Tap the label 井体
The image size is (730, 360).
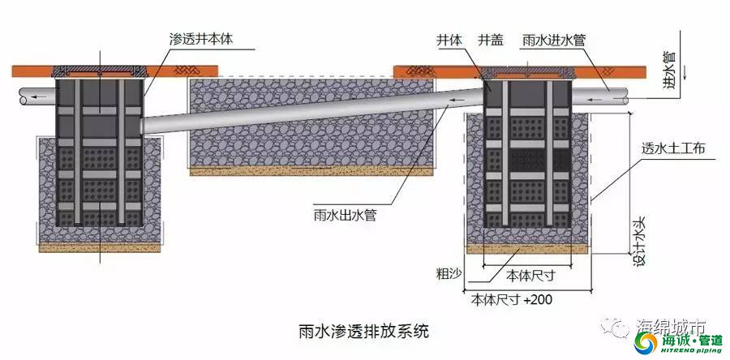click(x=449, y=40)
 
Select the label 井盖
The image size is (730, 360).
click(x=491, y=40)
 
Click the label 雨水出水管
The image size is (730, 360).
click(x=345, y=216)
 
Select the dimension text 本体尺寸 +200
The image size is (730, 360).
click(x=512, y=299)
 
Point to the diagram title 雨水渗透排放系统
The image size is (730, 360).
click(x=363, y=332)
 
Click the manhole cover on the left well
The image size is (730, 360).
click(x=100, y=71)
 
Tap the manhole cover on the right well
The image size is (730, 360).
click(x=526, y=72)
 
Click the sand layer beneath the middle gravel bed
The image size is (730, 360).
click(x=311, y=171)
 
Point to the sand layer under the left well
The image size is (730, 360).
click(x=100, y=248)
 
